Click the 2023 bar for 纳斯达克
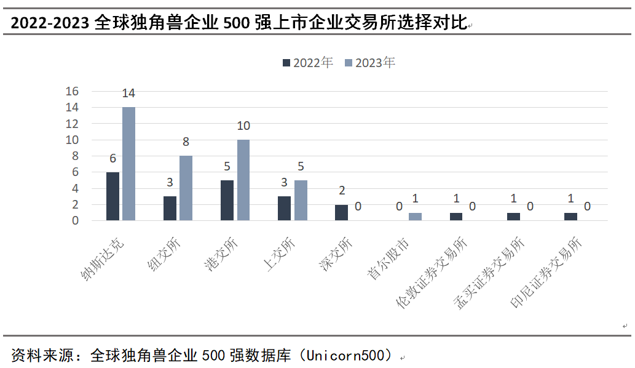pyautogui.click(x=128, y=164)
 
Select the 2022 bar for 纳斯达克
pyautogui.click(x=112, y=196)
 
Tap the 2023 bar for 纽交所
pyautogui.click(x=186, y=188)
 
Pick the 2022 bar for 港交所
pyautogui.click(x=227, y=200)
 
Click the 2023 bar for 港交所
pyautogui.click(x=243, y=180)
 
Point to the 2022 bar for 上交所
pyautogui.click(x=284, y=209)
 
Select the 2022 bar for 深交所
pyautogui.click(x=341, y=212)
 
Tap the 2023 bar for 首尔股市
pyautogui.click(x=415, y=217)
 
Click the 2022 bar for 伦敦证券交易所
pyautogui.click(x=456, y=217)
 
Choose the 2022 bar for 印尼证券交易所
pyautogui.click(x=570, y=217)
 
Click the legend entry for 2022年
pyautogui.click(x=308, y=63)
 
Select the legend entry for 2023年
pyautogui.click(x=369, y=63)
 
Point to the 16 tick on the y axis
pyautogui.click(x=72, y=91)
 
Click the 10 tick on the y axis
pyautogui.click(x=72, y=140)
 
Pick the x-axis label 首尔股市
pyautogui.click(x=387, y=258)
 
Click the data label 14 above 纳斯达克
pyautogui.click(x=128, y=93)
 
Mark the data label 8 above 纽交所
pyautogui.click(x=186, y=142)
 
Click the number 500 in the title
pyautogui.click(x=237, y=23)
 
